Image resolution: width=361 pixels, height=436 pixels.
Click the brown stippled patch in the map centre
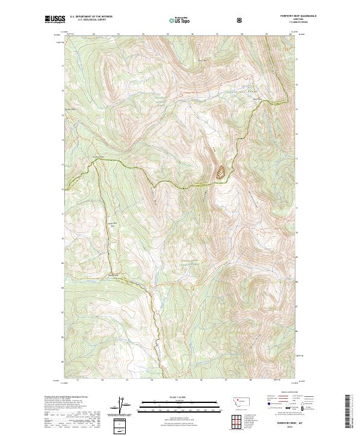point(220,173)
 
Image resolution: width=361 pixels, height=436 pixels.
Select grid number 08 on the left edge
point(63,287)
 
